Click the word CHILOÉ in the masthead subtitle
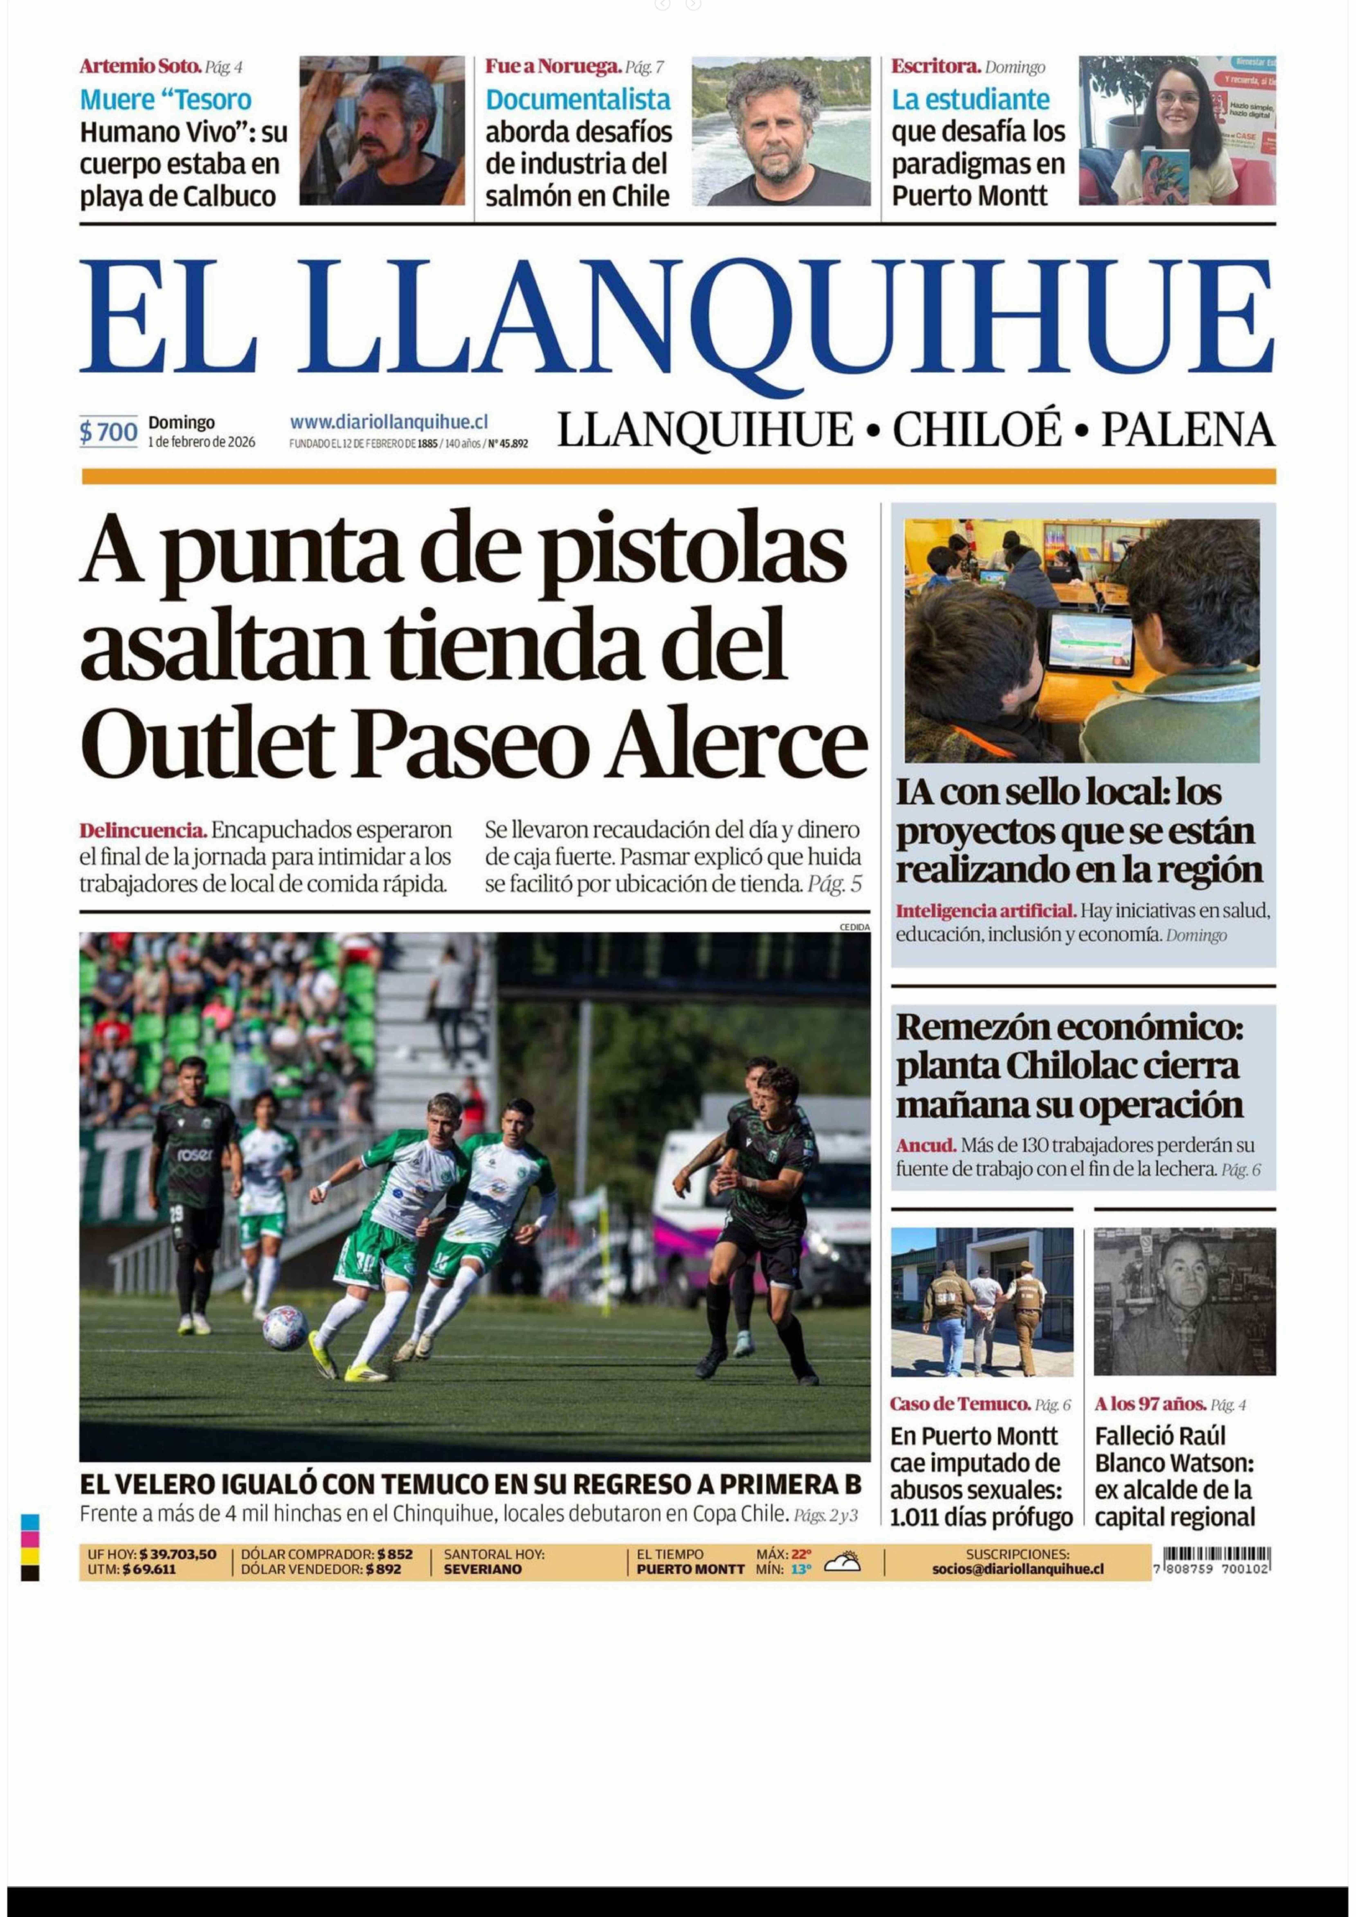(977, 430)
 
